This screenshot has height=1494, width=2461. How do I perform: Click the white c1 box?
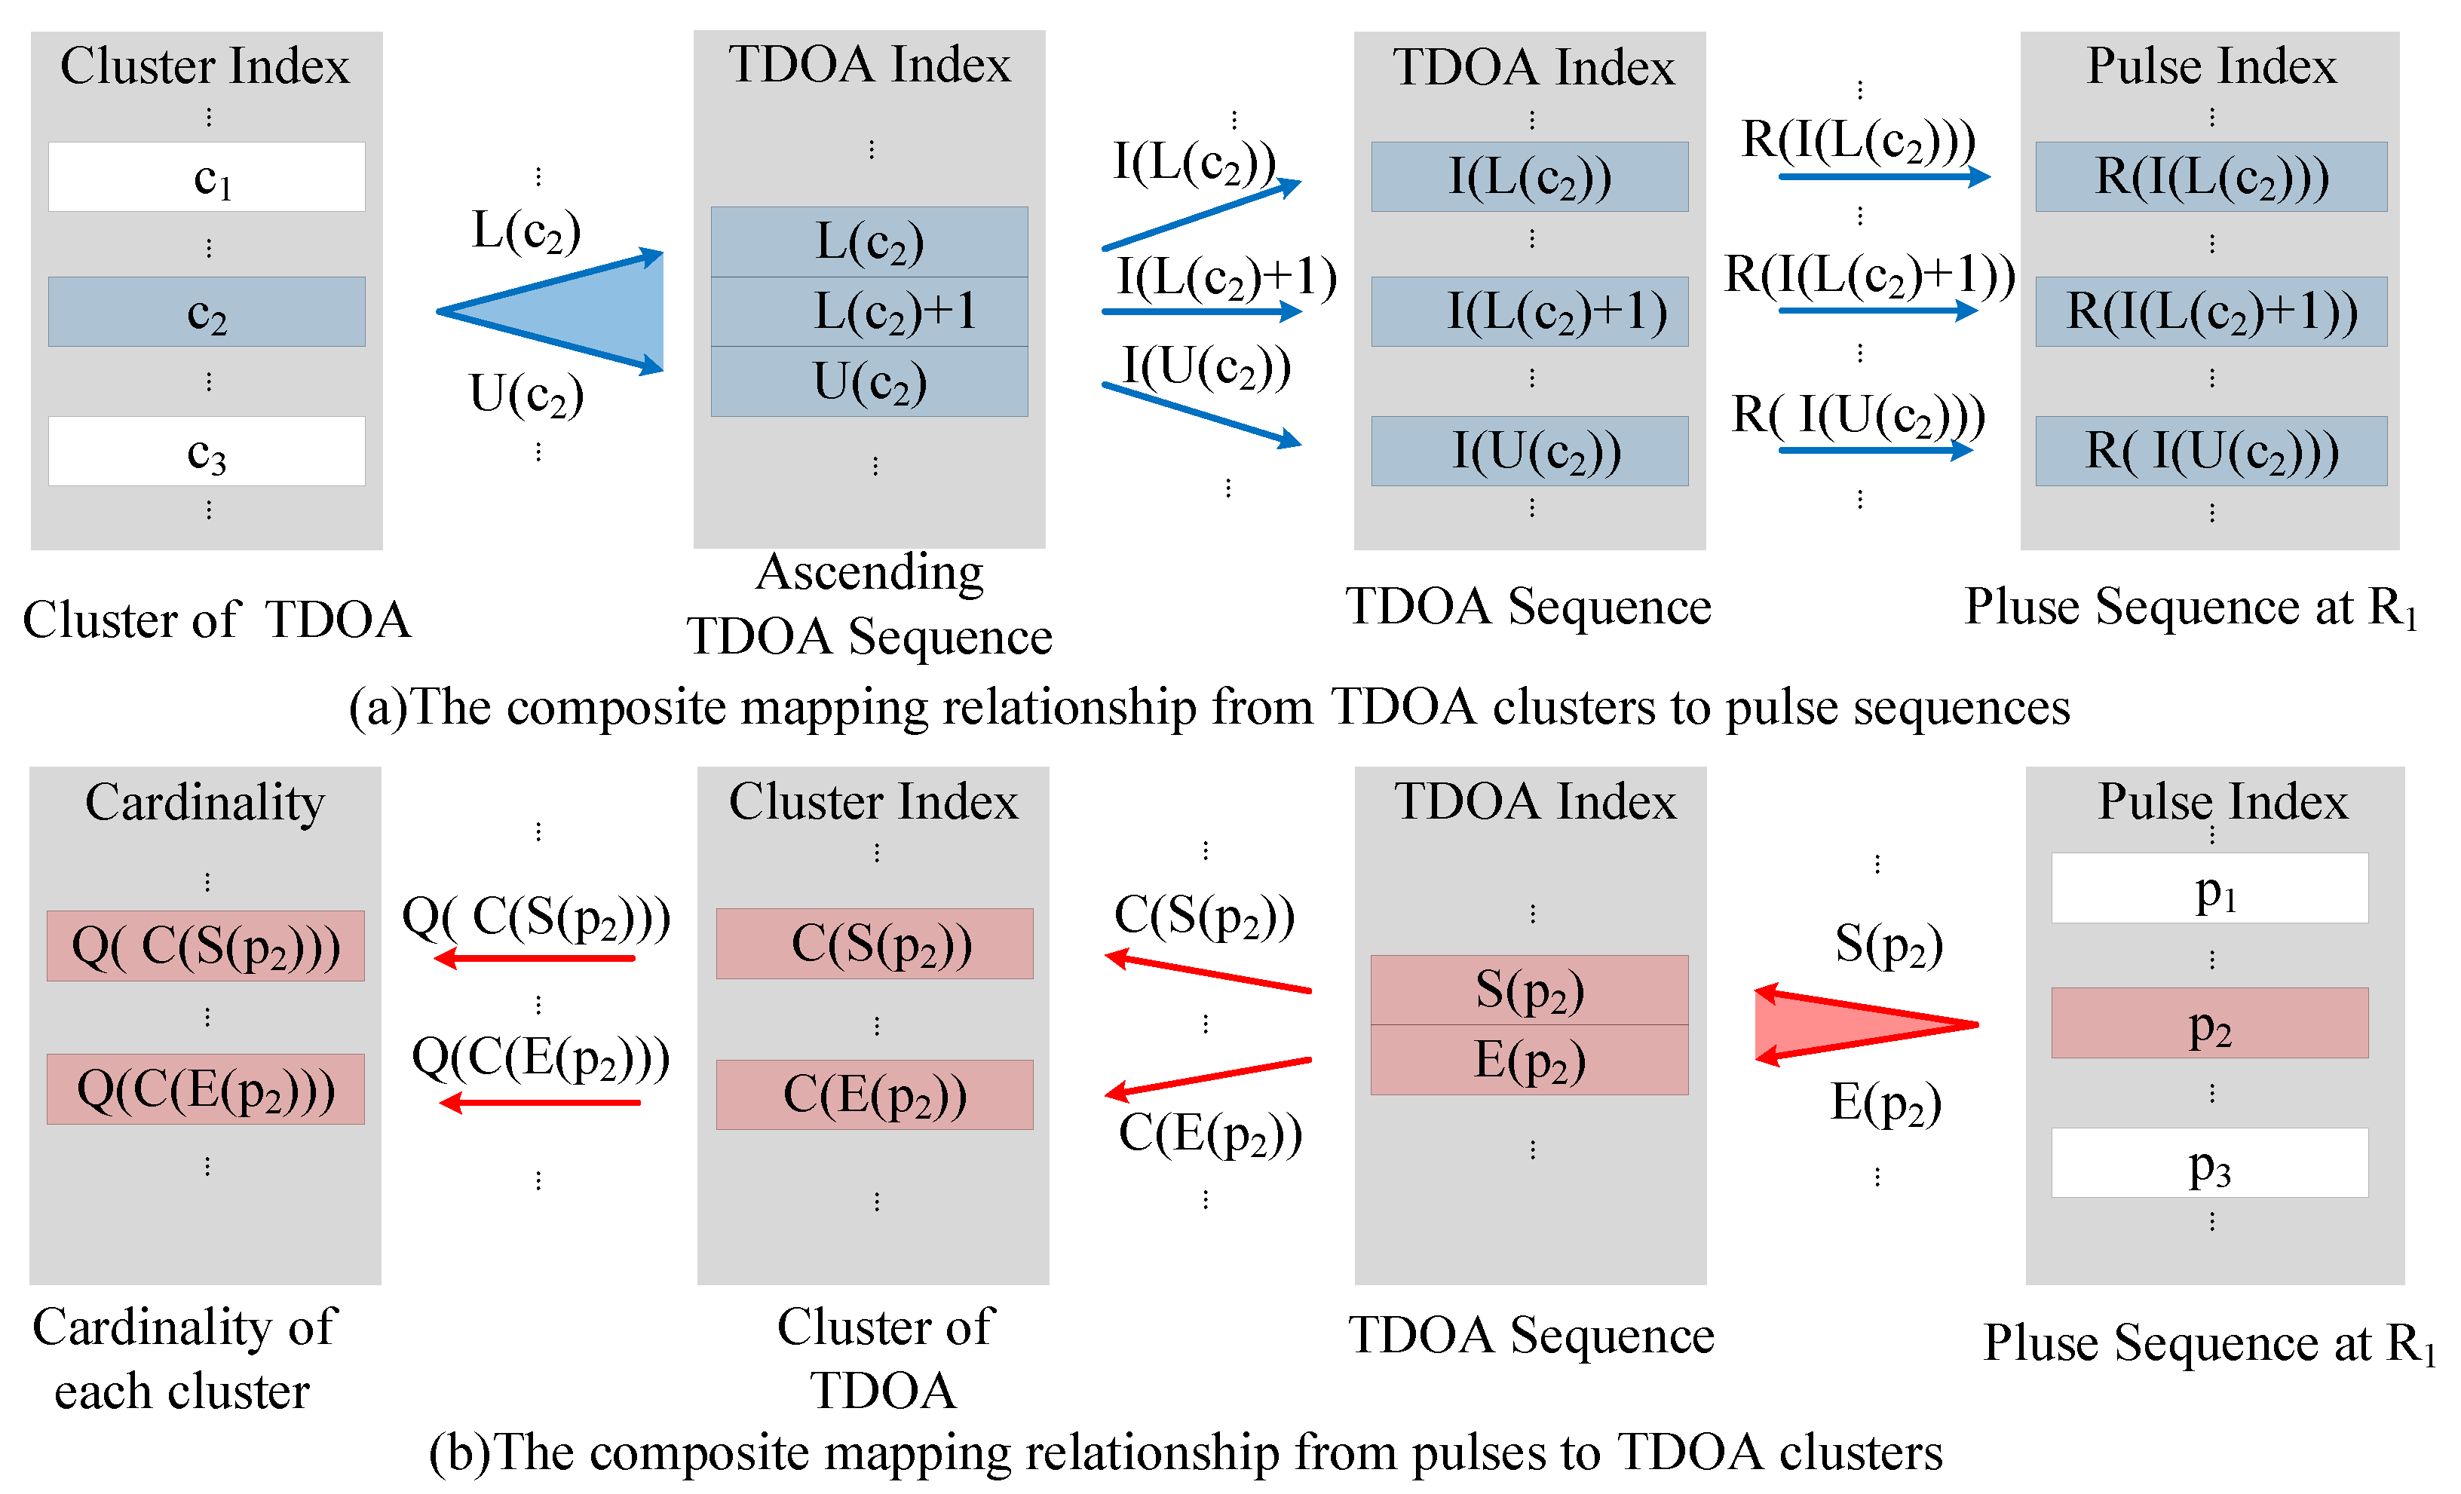pos(207,177)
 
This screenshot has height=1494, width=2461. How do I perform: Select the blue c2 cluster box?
pos(207,311)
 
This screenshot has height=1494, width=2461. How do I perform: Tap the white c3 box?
pos(207,452)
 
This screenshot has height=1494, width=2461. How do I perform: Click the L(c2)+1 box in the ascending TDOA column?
pos(869,311)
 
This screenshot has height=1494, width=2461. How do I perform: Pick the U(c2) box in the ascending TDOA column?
pos(869,381)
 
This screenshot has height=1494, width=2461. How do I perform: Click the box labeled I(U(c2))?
pos(1529,452)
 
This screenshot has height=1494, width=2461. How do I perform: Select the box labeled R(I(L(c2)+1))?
pos(2211,311)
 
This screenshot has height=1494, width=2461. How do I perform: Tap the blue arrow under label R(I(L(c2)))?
pos(1883,177)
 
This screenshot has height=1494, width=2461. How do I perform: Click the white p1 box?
pos(2209,888)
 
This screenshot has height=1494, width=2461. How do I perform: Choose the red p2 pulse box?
pos(2209,1024)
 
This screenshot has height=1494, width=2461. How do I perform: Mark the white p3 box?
pos(2209,1162)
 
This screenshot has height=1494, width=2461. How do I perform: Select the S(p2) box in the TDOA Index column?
pos(1529,990)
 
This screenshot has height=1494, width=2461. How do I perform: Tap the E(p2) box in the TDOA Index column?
pos(1529,1061)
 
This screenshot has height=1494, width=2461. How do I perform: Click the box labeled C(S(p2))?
pos(875,944)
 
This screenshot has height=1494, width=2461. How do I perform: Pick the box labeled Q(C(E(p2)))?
pos(206,1089)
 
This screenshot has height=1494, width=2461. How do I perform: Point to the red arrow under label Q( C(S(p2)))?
pos(536,959)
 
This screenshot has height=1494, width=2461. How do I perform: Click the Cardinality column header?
pos(205,802)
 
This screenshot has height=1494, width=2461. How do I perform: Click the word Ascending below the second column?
pos(869,573)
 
